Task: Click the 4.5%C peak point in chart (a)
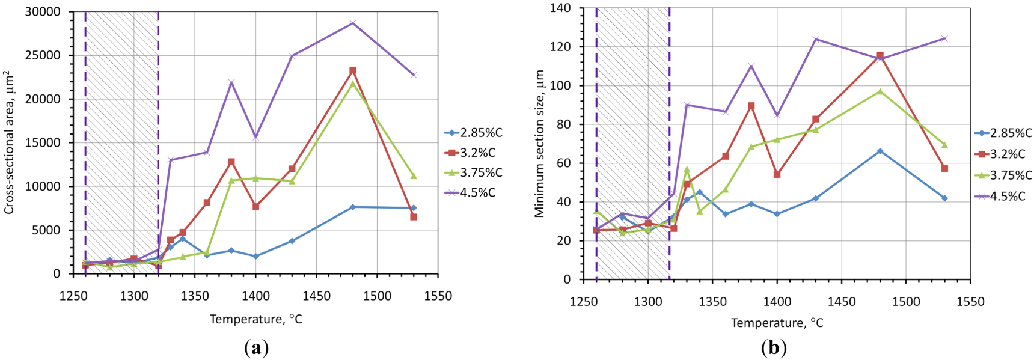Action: click(x=353, y=23)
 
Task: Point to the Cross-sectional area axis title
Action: click(x=9, y=142)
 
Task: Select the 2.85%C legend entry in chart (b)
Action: click(x=1003, y=133)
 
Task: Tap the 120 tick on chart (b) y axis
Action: click(x=561, y=47)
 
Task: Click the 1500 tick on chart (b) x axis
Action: click(x=906, y=302)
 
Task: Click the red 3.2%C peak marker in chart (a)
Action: click(x=353, y=70)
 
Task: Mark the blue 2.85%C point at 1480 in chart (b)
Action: click(x=880, y=151)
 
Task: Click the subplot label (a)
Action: click(x=257, y=347)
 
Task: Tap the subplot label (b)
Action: click(x=774, y=347)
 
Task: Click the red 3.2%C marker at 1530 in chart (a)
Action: click(x=414, y=217)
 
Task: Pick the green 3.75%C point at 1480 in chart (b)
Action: click(x=880, y=91)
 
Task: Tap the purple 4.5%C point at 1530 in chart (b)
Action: click(x=944, y=38)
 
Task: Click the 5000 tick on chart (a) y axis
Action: click(x=49, y=230)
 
